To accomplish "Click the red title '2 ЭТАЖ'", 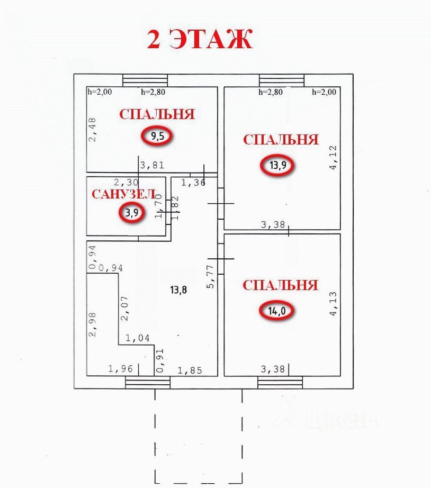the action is click(x=200, y=39).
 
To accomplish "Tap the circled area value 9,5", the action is click(x=157, y=136).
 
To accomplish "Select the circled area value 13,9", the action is click(x=277, y=165).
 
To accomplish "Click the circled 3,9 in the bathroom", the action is click(x=130, y=213).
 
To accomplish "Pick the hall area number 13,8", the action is click(x=178, y=290).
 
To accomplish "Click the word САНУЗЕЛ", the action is click(x=123, y=194).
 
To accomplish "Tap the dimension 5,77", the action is click(x=210, y=276).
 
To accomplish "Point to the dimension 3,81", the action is click(x=152, y=165).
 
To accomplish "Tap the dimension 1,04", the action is click(x=137, y=338).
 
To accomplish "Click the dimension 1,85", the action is click(x=190, y=370).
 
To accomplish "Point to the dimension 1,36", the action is click(x=193, y=183).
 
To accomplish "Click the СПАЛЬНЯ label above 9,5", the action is click(x=157, y=114).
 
